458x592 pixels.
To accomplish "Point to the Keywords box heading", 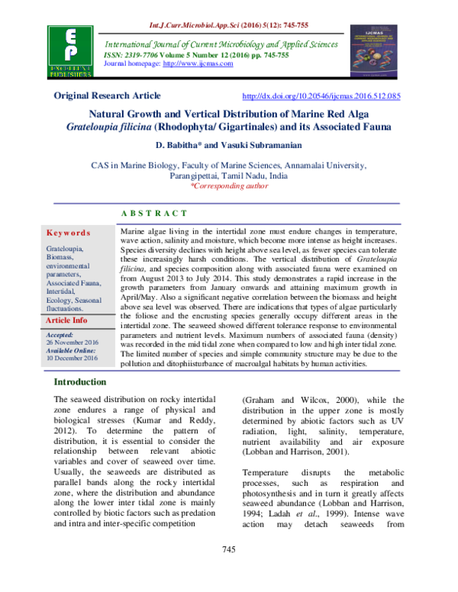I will (x=68, y=233).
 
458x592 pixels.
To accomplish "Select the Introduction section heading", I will (x=85, y=381).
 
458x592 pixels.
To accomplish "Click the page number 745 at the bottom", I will (x=228, y=571).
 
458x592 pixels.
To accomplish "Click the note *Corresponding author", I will (x=228, y=185).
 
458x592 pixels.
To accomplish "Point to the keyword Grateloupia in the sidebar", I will (x=66, y=249).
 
